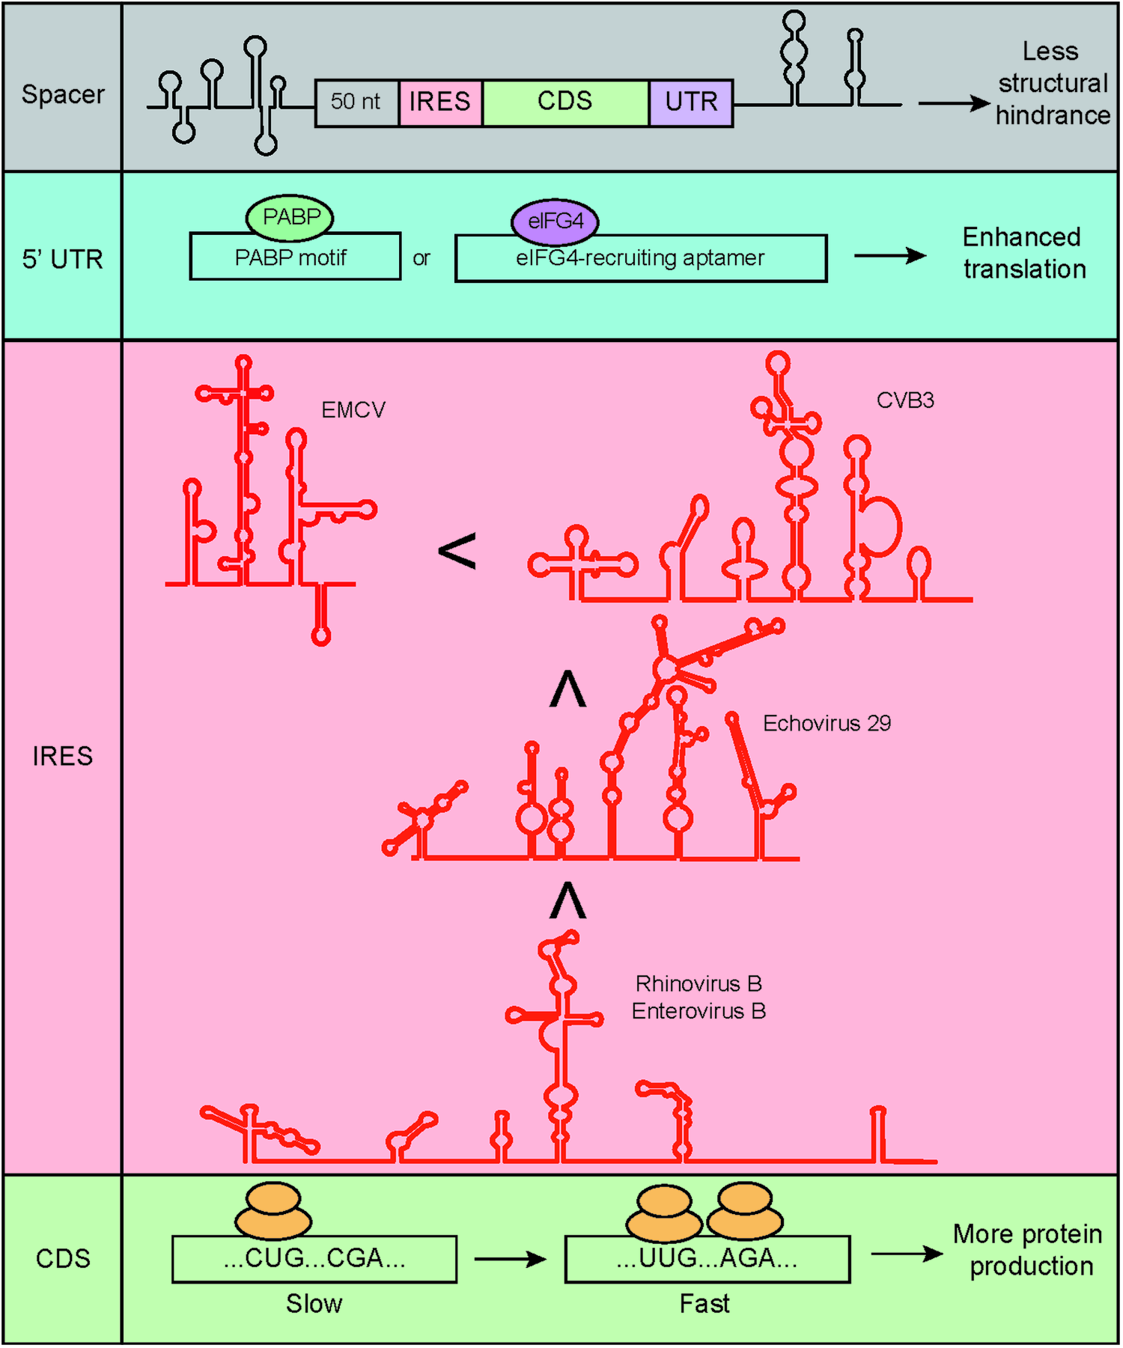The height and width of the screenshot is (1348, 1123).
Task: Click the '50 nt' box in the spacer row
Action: point(356,103)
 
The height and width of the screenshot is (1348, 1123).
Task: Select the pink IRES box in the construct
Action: point(440,103)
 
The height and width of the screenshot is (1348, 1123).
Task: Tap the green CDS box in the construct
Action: point(565,103)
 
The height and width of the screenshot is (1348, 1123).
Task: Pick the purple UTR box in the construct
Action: point(690,103)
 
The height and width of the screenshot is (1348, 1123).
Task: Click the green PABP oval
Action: point(290,218)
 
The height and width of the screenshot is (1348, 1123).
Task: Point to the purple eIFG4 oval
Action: point(555,222)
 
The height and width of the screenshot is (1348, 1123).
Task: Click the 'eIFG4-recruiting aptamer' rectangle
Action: point(641,259)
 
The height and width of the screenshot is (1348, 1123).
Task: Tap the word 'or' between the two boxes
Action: point(421,258)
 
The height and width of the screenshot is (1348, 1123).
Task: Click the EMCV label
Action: point(353,410)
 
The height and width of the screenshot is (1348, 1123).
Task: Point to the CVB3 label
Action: point(905,400)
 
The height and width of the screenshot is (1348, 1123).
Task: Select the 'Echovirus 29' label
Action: point(827,723)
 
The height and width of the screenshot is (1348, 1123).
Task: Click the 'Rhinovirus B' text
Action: point(698,983)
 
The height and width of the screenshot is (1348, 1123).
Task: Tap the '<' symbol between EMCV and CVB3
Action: point(457,552)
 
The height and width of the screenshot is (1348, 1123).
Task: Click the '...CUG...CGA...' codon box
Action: point(314,1259)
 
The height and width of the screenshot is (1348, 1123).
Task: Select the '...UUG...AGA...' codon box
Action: point(707,1259)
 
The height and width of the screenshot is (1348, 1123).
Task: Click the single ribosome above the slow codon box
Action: point(273,1211)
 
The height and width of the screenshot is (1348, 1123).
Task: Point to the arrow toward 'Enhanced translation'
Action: point(889,256)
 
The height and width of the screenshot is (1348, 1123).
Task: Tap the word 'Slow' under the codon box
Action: point(314,1305)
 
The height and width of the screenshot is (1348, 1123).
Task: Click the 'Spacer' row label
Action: point(63,95)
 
